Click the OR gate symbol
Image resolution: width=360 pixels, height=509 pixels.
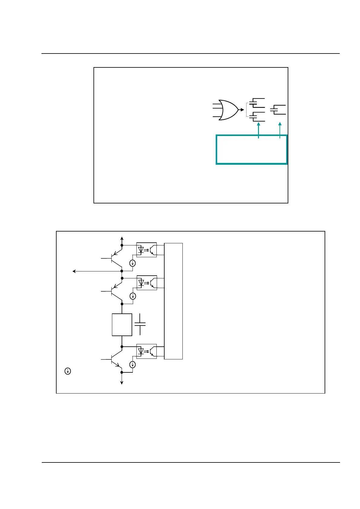pyautogui.click(x=228, y=110)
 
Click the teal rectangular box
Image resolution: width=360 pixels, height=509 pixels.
pyautogui.click(x=251, y=150)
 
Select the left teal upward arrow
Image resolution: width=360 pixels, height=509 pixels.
pyautogui.click(x=258, y=130)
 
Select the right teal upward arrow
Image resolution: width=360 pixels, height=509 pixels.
pyautogui.click(x=280, y=130)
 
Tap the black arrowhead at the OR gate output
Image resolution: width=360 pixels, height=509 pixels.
pyautogui.click(x=242, y=110)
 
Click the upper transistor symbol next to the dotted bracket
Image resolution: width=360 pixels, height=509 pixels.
pyautogui.click(x=257, y=103)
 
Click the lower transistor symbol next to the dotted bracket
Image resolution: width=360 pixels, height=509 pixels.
pyautogui.click(x=257, y=117)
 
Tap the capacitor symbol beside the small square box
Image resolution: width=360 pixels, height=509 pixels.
pyautogui.click(x=140, y=324)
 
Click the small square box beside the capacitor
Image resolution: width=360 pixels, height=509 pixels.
pyautogui.click(x=122, y=325)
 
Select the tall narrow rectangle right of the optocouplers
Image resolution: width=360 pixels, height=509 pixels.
pyautogui.click(x=173, y=301)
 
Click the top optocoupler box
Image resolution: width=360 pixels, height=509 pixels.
pyautogui.click(x=146, y=250)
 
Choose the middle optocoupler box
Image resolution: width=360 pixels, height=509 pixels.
pyautogui.click(x=147, y=283)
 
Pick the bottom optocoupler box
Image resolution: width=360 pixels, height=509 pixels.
pyautogui.click(x=146, y=351)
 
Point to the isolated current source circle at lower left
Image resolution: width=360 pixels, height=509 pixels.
pyautogui.click(x=68, y=371)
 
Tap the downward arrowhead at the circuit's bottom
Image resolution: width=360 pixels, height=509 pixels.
pyautogui.click(x=122, y=382)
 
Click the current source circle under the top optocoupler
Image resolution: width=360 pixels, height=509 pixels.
pyautogui.click(x=133, y=263)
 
